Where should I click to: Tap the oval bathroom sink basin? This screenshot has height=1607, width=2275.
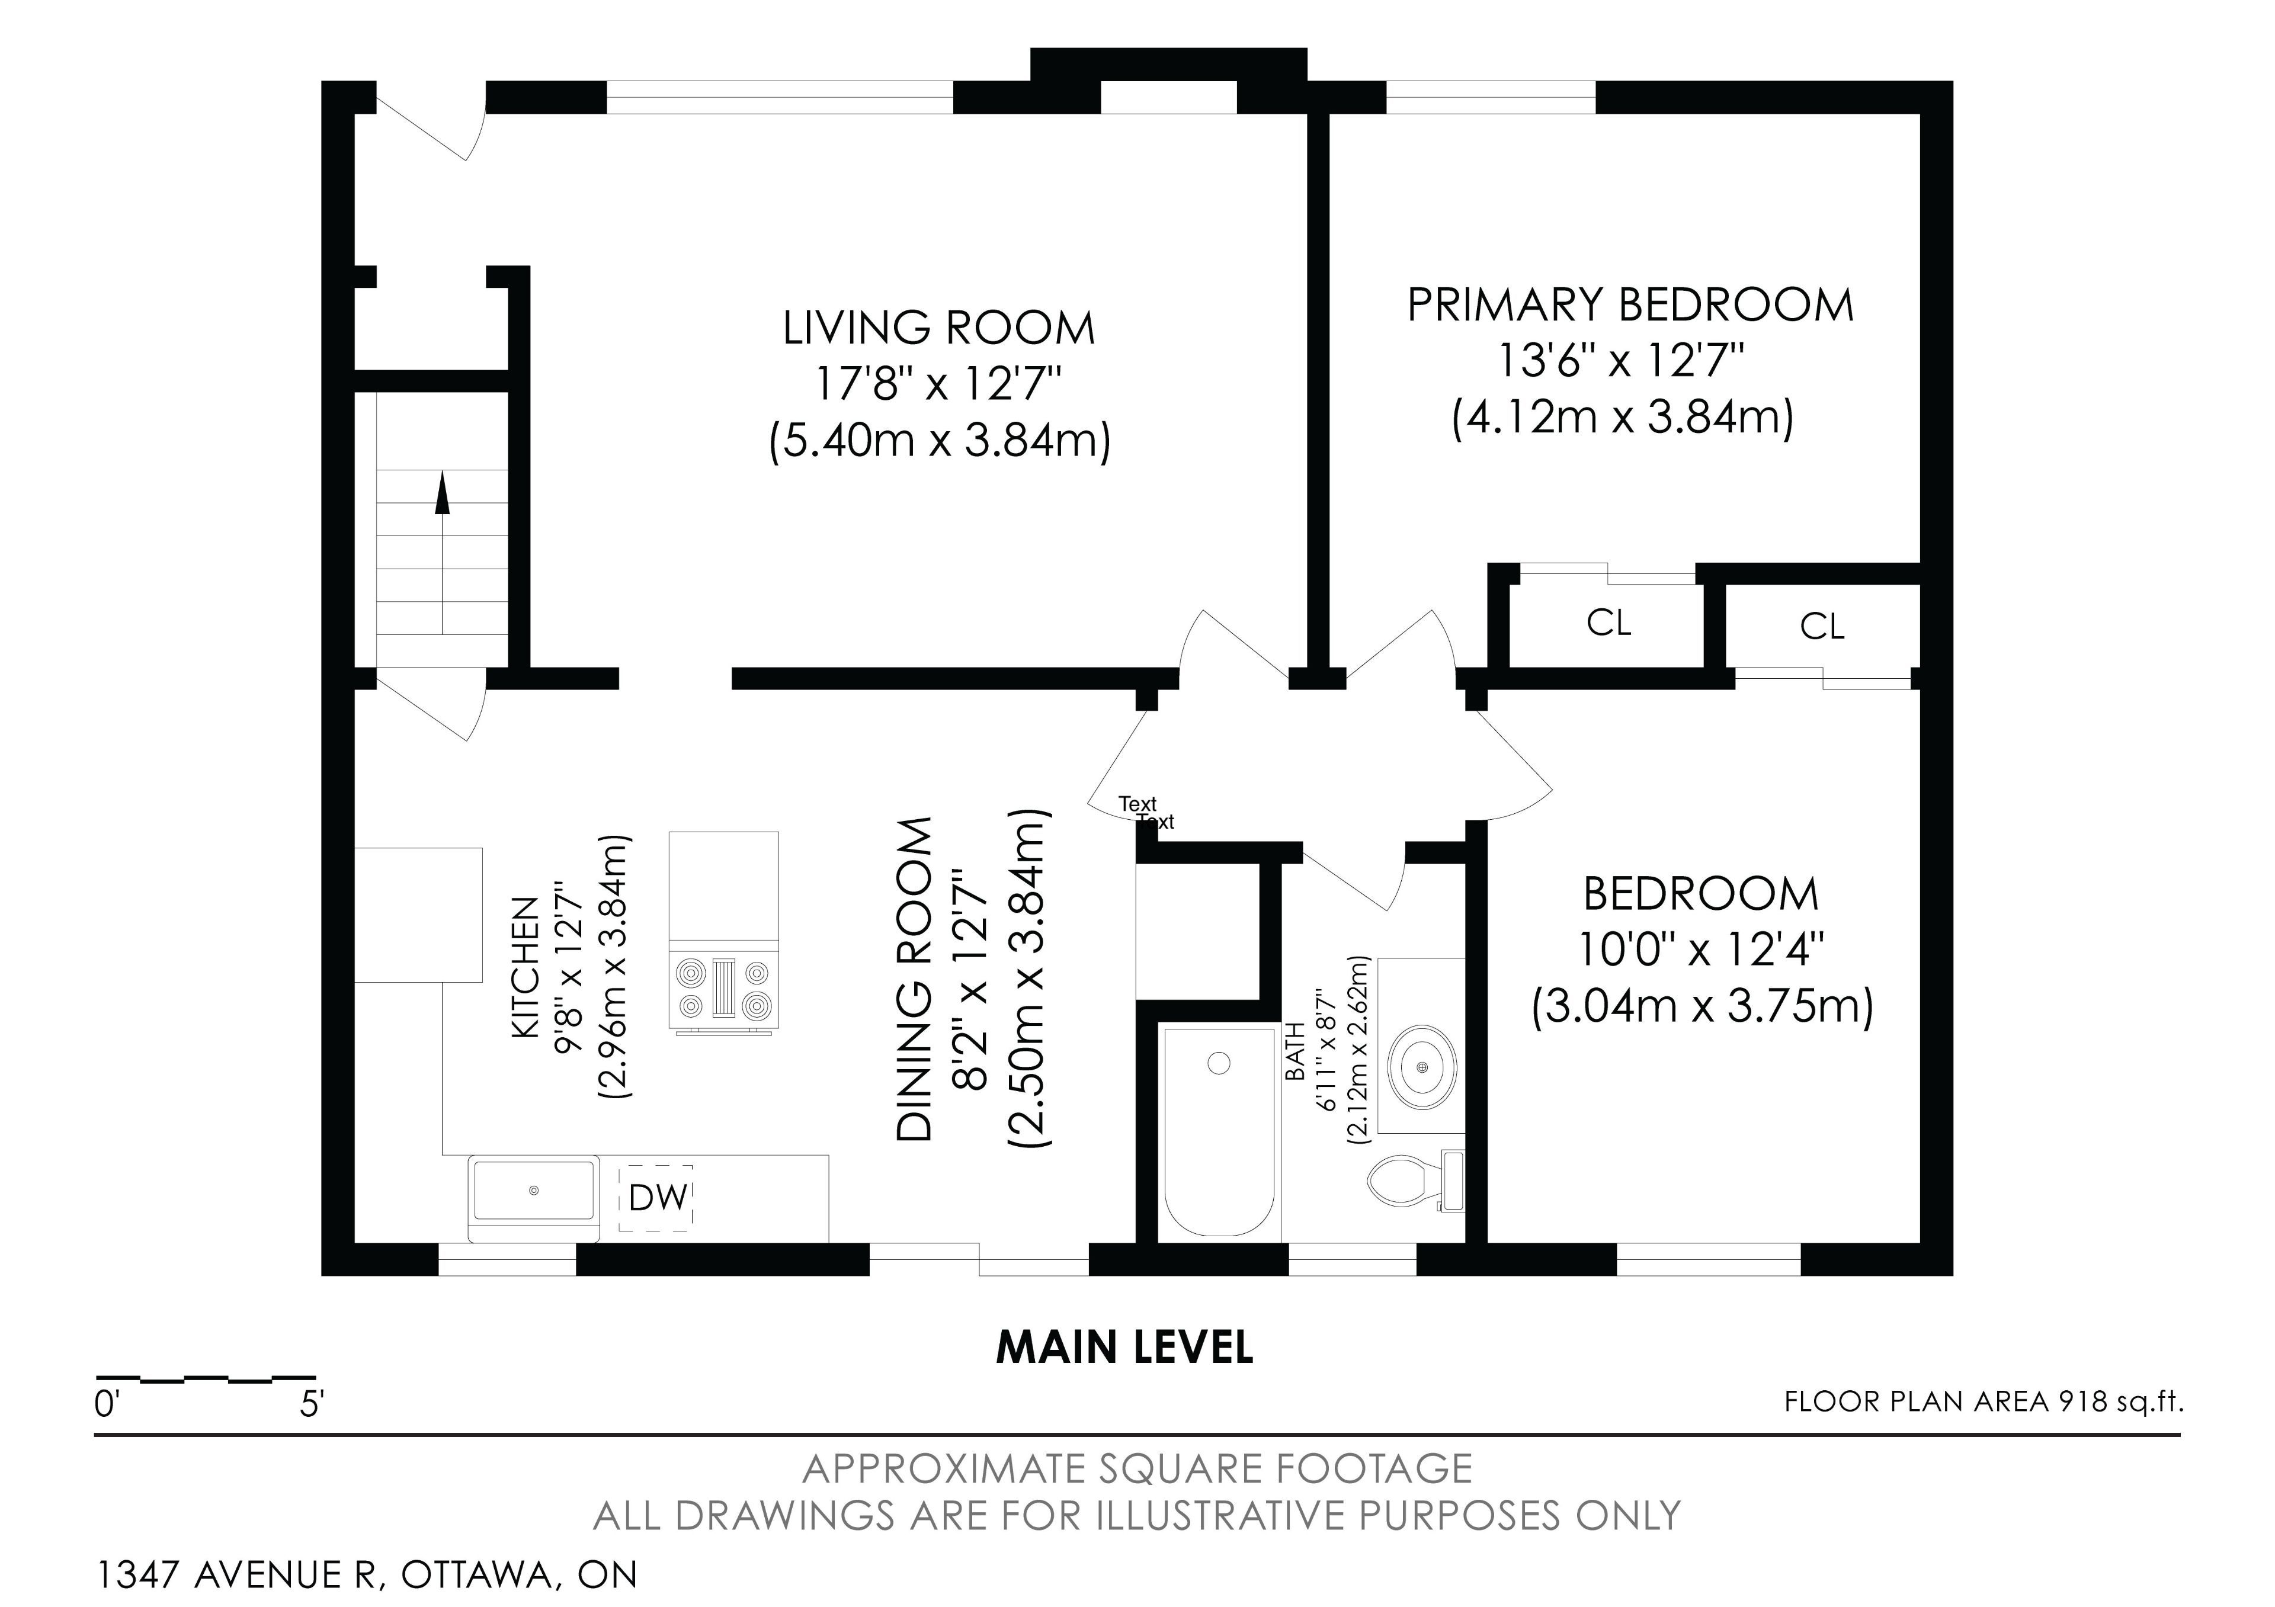click(x=1423, y=1067)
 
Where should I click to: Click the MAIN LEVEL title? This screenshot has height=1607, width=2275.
click(x=1124, y=1348)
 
